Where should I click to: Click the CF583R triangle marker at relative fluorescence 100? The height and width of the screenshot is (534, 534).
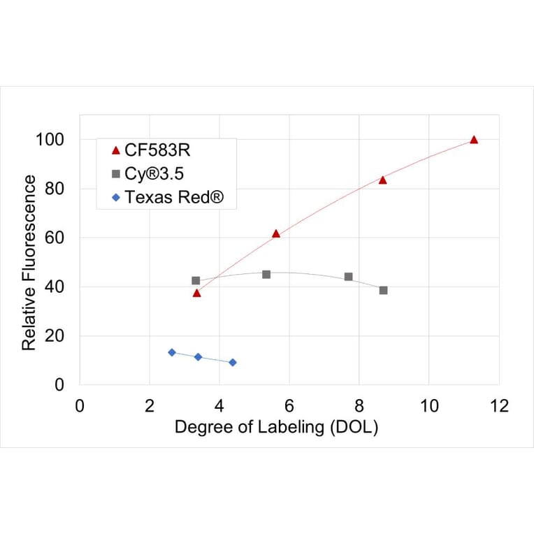[x=474, y=140]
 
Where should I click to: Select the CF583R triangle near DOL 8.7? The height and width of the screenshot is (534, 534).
[x=382, y=180]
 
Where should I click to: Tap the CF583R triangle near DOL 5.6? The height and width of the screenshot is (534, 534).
[x=276, y=233]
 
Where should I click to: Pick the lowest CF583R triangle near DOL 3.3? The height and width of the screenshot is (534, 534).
[x=196, y=293]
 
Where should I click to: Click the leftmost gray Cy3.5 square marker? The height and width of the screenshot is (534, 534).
[x=196, y=280]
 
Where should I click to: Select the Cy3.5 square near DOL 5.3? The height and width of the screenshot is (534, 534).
[x=266, y=274]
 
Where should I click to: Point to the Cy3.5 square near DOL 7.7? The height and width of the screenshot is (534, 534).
[x=348, y=277]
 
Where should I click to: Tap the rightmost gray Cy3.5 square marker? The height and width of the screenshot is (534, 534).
[x=383, y=290]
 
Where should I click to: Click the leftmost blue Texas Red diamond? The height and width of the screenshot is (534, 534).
[x=172, y=352]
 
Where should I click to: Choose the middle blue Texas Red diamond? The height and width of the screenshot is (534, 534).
[x=198, y=356]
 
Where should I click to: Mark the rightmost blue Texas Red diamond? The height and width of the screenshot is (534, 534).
[x=233, y=362]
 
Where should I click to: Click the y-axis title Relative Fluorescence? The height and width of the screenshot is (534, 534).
[x=29, y=262]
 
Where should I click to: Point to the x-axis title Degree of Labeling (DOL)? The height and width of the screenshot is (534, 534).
[x=276, y=427]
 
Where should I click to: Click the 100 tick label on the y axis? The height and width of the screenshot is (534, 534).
[x=50, y=140]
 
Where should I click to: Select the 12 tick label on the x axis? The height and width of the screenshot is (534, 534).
[x=499, y=405]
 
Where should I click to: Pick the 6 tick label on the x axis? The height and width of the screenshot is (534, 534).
[x=289, y=405]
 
